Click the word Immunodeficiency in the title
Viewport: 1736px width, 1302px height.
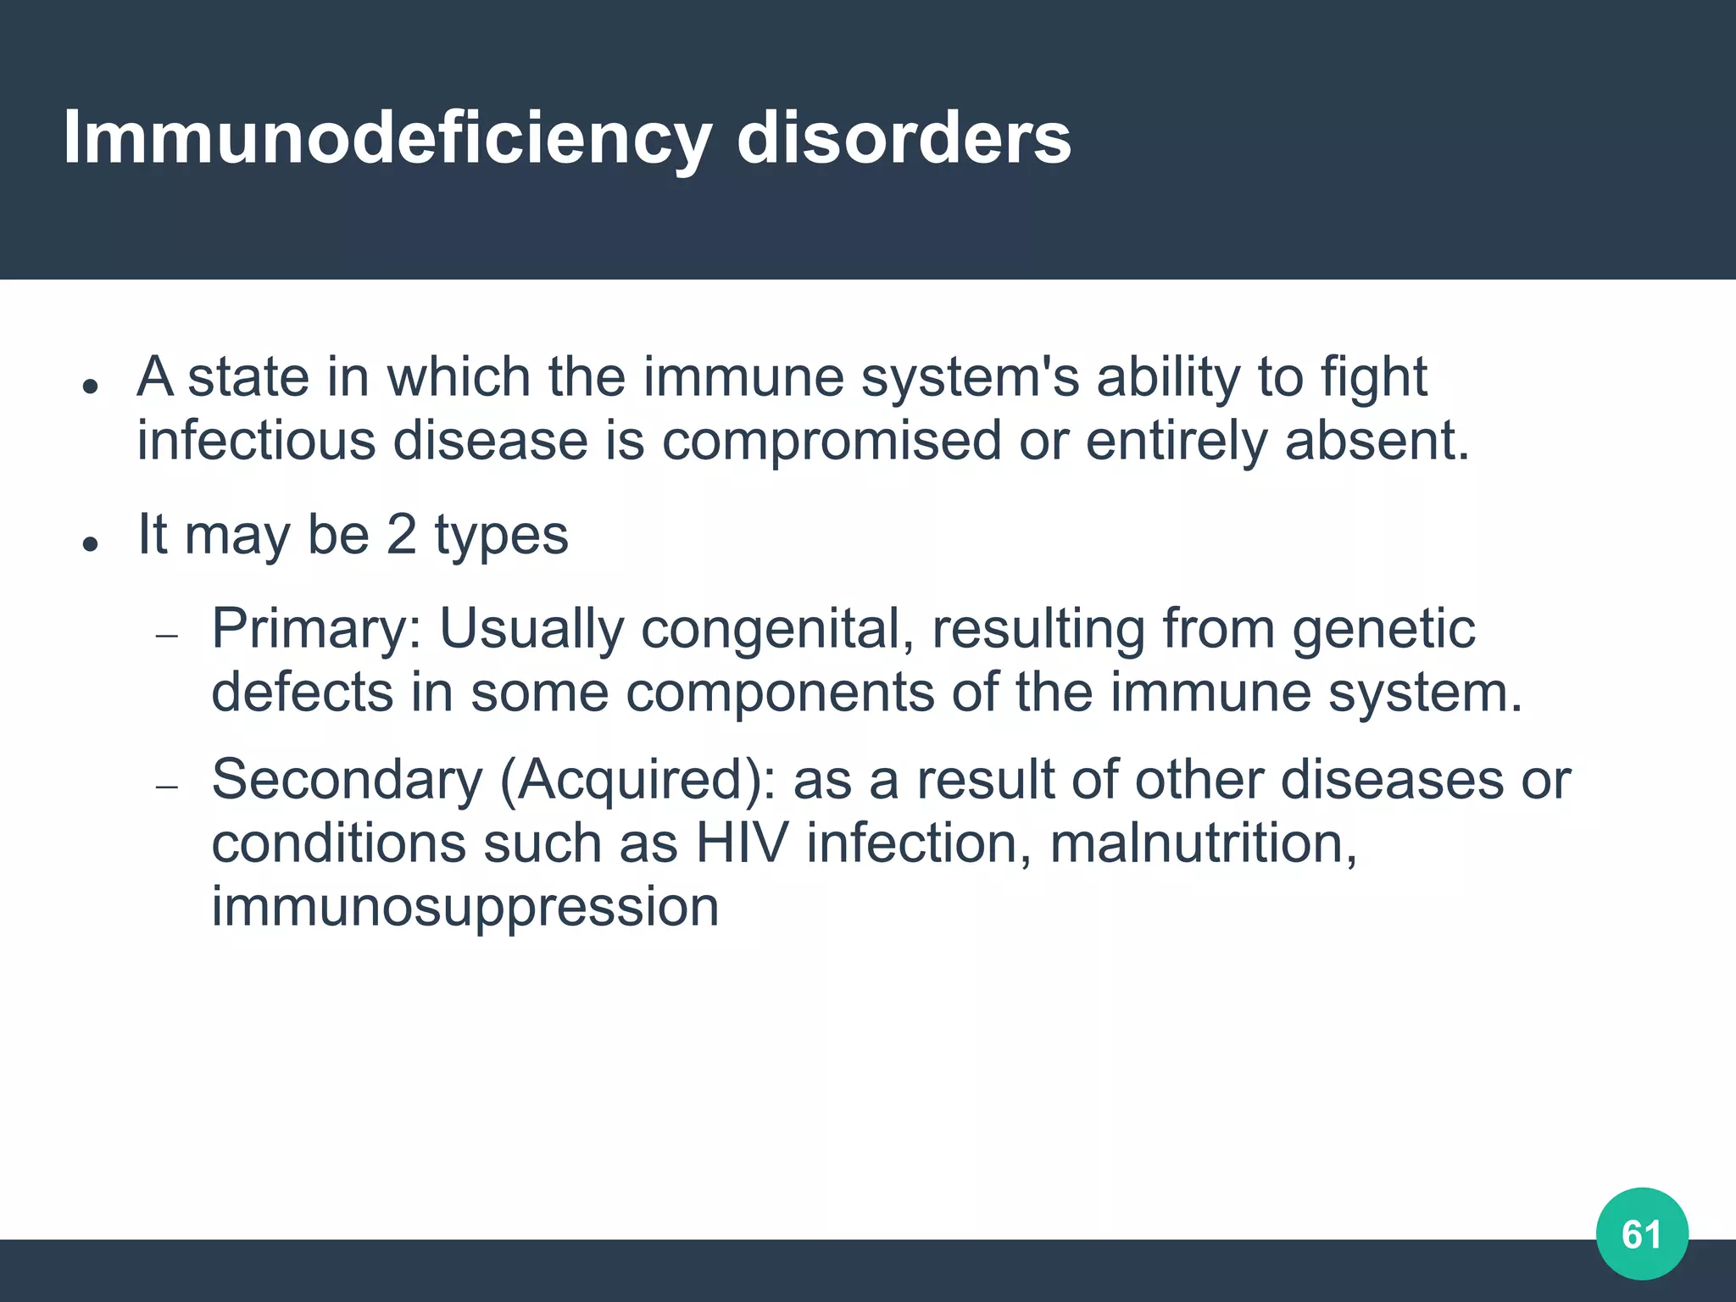coord(387,138)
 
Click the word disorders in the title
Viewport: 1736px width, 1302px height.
coord(904,138)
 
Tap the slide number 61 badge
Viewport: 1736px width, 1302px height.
coord(1642,1234)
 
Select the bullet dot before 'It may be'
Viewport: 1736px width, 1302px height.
coord(91,543)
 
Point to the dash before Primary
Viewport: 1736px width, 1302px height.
coord(167,637)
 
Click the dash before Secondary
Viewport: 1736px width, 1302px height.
coord(167,787)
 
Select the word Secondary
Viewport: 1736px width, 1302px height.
coord(347,780)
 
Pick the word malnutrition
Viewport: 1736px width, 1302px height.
coord(1203,843)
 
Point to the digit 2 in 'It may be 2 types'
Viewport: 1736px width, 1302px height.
coord(401,535)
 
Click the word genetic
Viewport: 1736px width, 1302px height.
coord(1383,630)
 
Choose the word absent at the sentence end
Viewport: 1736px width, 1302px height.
coord(1375,441)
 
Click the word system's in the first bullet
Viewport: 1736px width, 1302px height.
coord(970,377)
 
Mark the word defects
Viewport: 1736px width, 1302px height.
coord(302,693)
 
